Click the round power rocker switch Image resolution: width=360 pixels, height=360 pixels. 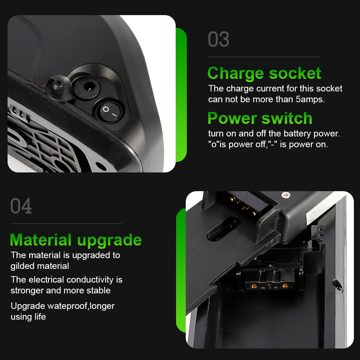tap(109, 112)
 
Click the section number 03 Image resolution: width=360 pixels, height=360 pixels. tap(219, 40)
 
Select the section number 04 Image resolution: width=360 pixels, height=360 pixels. tap(21, 206)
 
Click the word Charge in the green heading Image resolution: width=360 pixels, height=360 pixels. tap(235, 74)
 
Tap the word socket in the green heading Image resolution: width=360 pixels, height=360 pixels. tap(295, 73)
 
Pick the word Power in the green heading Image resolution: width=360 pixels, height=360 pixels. tap(232, 118)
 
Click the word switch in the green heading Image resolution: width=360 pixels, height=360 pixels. tap(287, 118)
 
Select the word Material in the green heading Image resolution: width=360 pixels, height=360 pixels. tap(41, 240)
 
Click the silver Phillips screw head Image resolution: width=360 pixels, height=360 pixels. tap(286, 195)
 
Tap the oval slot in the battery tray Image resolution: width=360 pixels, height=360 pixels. tap(224, 229)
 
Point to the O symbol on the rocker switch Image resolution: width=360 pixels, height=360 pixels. tap(105, 109)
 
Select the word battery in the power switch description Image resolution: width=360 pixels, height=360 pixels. tap(297, 134)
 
